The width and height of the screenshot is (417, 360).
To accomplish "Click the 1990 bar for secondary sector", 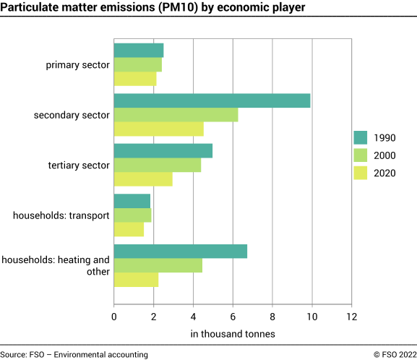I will [x=212, y=100].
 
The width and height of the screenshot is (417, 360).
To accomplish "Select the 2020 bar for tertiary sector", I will [x=143, y=179].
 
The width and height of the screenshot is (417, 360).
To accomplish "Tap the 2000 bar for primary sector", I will [x=137, y=64].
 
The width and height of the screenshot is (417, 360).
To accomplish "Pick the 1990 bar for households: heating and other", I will [x=181, y=251].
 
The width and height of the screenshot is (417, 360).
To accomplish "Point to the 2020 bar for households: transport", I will [x=129, y=229].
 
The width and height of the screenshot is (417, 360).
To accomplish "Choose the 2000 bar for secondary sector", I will [x=176, y=115].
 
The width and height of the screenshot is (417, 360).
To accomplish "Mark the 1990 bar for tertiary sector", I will [x=163, y=150].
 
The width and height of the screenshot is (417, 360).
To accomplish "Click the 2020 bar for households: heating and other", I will [x=136, y=280].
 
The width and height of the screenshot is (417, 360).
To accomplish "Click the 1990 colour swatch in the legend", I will [x=361, y=138].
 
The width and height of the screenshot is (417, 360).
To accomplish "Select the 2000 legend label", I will [x=384, y=155].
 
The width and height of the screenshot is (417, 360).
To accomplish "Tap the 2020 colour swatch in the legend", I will [x=361, y=173].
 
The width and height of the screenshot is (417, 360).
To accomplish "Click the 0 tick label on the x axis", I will [x=114, y=316].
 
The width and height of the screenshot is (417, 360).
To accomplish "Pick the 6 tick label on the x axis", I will [x=233, y=316].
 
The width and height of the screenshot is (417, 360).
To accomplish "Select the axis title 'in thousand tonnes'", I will [x=233, y=334].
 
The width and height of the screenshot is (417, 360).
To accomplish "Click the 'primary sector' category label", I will [x=77, y=64].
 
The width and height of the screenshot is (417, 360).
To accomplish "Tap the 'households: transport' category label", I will [x=61, y=215].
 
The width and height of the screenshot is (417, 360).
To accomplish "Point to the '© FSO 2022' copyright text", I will [x=395, y=354].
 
